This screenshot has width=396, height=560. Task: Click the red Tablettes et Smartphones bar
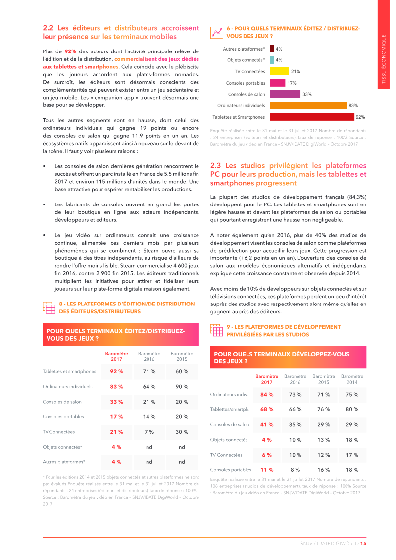311,117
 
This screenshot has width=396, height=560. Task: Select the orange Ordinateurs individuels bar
308,105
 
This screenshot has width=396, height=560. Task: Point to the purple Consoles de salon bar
285,94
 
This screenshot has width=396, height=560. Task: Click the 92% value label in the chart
360,117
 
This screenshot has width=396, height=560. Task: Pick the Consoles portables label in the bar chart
246,83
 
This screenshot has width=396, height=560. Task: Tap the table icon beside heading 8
49,307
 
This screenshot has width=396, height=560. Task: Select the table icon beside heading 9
216,330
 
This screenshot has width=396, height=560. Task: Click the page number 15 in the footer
363,543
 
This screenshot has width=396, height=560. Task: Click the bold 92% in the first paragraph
70,51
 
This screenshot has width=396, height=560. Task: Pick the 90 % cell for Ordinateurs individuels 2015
182,387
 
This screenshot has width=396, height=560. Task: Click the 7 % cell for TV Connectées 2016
149,432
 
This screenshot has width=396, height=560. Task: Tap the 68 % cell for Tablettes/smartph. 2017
267,409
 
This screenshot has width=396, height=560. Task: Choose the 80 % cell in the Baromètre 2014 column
352,409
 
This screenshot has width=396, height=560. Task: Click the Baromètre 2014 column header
352,379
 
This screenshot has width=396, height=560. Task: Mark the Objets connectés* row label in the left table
62,447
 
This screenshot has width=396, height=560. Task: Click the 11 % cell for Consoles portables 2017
267,469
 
